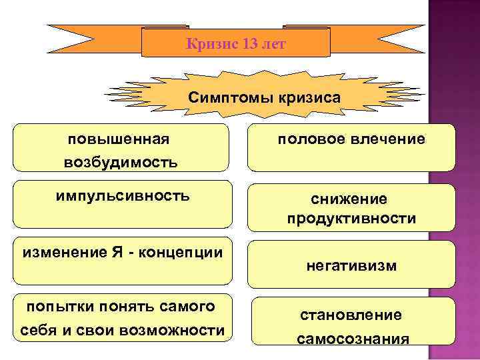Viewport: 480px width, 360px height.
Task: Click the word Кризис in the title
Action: click(x=205, y=44)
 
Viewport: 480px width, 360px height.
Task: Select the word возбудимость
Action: click(x=121, y=162)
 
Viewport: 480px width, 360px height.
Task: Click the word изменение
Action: click(x=60, y=253)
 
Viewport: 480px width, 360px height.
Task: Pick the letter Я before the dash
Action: click(x=111, y=253)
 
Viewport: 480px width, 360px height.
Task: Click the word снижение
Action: click(x=351, y=199)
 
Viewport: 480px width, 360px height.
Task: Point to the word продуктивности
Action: click(x=351, y=219)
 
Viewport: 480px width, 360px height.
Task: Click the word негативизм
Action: click(x=351, y=265)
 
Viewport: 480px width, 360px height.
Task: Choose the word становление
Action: click(x=351, y=315)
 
